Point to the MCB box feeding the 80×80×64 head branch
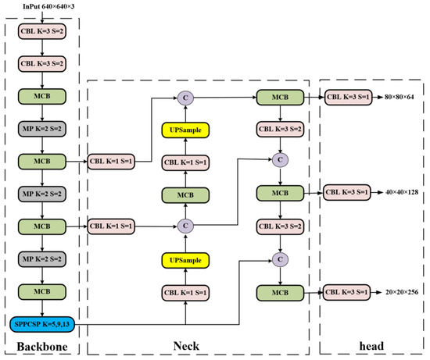[278, 98]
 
